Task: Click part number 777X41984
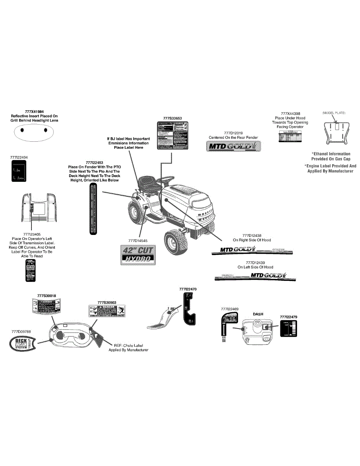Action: tap(34, 111)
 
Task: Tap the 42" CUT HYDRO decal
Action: tap(138, 255)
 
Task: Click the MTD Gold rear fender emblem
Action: tap(233, 146)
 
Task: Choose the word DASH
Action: tap(258, 314)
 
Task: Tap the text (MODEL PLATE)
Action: tap(334, 113)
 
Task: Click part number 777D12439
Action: tap(255, 263)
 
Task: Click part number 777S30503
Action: tap(107, 302)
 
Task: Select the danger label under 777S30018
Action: tap(46, 306)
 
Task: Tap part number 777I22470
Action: tap(188, 289)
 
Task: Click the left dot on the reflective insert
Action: tap(22, 130)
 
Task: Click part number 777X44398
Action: tap(290, 113)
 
